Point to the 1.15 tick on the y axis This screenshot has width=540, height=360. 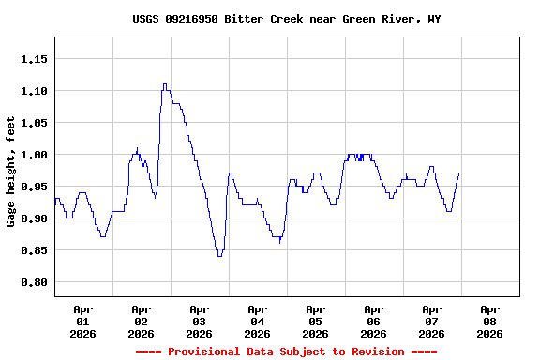(x=34, y=59)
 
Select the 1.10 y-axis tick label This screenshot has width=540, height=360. (x=34, y=91)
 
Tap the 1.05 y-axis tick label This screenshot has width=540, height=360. (x=34, y=123)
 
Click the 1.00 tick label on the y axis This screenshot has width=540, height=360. (x=34, y=155)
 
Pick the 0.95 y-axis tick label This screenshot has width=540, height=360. (x=34, y=187)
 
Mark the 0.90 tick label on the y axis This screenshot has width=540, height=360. (x=34, y=218)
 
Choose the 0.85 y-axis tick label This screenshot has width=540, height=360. (x=34, y=250)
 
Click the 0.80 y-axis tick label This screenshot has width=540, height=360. (x=34, y=282)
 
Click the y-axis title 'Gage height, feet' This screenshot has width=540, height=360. (x=11, y=172)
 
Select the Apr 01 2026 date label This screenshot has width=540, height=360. (x=82, y=321)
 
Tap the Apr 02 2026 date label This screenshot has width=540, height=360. (x=141, y=321)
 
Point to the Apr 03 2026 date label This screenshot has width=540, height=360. (x=199, y=321)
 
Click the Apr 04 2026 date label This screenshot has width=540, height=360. (x=257, y=321)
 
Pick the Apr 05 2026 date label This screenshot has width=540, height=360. (x=315, y=321)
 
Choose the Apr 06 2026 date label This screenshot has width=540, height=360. (x=373, y=321)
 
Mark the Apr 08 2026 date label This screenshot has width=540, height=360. (x=489, y=321)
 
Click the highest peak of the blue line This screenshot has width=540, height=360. (x=165, y=84)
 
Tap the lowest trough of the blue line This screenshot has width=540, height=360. (x=219, y=255)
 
